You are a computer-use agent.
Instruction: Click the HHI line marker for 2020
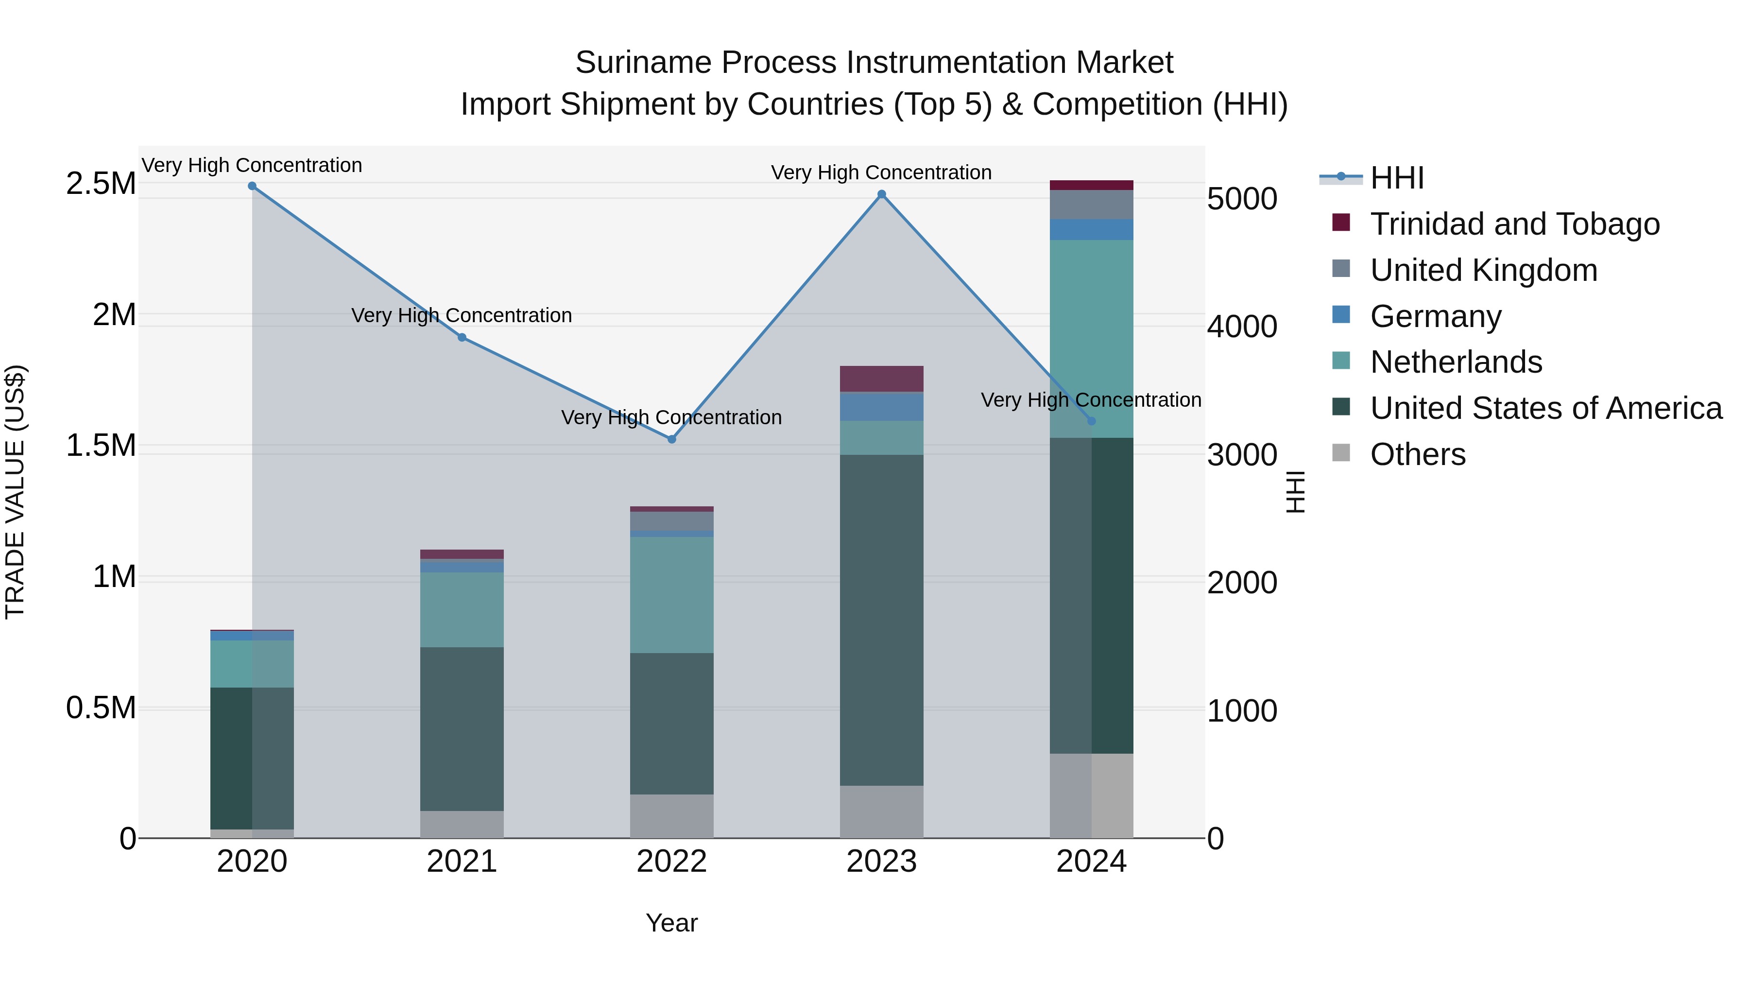[252, 186]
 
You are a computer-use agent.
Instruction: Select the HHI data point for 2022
[671, 439]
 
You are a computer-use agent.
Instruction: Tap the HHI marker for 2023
[881, 194]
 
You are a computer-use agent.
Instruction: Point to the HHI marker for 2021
[462, 338]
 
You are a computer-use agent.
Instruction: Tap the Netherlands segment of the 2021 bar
[462, 609]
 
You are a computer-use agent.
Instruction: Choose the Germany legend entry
[1435, 316]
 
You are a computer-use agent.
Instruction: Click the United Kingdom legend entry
[1484, 270]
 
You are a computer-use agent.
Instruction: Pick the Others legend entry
[1417, 454]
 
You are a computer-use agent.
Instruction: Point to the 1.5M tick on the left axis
[101, 446]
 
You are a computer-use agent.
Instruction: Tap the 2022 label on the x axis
[671, 862]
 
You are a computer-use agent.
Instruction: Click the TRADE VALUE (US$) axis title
[16, 492]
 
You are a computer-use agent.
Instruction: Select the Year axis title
[671, 923]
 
